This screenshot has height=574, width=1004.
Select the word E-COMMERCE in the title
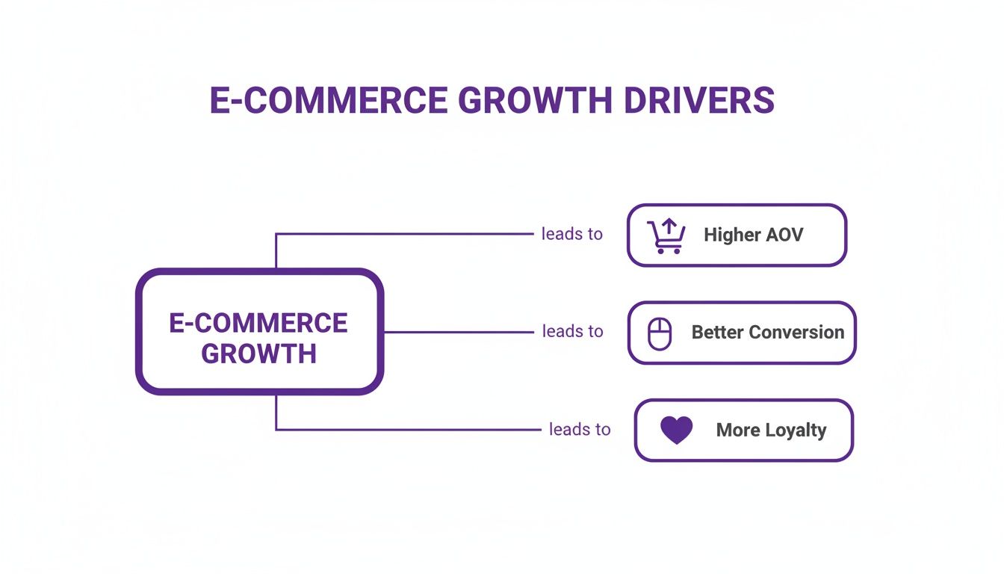[x=329, y=101]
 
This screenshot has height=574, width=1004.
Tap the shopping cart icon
[x=665, y=236]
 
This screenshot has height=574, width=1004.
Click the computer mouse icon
[x=659, y=333]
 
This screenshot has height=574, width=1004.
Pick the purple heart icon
[x=677, y=430]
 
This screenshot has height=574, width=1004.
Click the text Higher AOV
[x=753, y=235]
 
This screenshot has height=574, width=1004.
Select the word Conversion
[x=796, y=333]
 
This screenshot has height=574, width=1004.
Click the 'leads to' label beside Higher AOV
[x=571, y=234]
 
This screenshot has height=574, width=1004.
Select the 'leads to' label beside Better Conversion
[x=572, y=331]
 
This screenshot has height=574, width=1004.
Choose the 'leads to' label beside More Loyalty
[x=580, y=429]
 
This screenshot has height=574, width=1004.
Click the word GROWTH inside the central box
[x=259, y=353]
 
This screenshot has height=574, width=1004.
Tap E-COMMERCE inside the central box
[x=258, y=323]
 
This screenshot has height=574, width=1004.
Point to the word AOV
[x=784, y=235]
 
